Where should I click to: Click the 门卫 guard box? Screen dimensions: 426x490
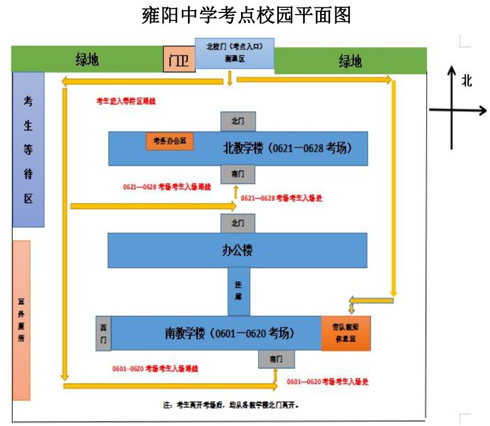tap(179, 59)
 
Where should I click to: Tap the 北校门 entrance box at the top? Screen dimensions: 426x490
tap(234, 52)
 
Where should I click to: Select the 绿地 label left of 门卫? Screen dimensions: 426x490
tap(88, 59)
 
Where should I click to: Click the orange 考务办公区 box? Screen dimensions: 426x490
tap(170, 141)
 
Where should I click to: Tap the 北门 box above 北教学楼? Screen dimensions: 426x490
tap(238, 121)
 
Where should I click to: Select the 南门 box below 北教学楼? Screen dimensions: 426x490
tap(238, 175)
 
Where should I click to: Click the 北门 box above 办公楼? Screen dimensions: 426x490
tap(238, 223)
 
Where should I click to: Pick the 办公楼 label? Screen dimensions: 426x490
tap(237, 250)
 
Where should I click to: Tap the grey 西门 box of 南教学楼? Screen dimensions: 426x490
tap(103, 334)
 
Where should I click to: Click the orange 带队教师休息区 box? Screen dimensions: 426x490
tap(345, 333)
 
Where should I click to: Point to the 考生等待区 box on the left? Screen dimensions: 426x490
tap(28, 150)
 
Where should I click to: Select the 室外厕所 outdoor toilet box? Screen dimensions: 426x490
tap(21, 320)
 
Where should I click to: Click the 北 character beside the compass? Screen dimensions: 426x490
tap(466, 81)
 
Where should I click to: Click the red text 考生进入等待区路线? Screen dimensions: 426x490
tap(126, 102)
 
